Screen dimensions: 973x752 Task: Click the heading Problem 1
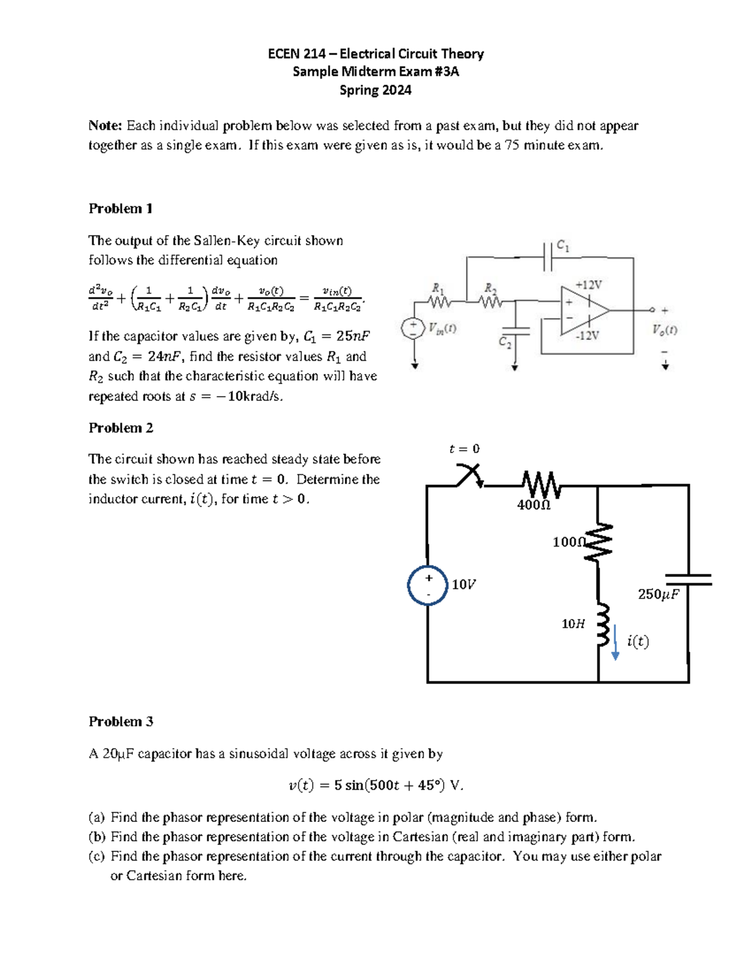pyautogui.click(x=120, y=209)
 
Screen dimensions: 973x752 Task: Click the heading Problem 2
pyautogui.click(x=120, y=428)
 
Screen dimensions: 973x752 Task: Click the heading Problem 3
pyautogui.click(x=120, y=722)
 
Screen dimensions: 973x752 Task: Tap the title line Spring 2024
pyautogui.click(x=375, y=90)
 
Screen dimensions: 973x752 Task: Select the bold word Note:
pyautogui.click(x=105, y=126)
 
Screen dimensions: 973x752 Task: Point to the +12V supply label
pyautogui.click(x=588, y=285)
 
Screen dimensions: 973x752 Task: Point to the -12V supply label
pyautogui.click(x=587, y=336)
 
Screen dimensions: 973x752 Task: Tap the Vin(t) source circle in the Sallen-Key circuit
pyautogui.click(x=413, y=328)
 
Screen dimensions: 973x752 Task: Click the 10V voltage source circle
pyautogui.click(x=427, y=585)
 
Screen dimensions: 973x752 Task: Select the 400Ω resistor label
pyautogui.click(x=533, y=505)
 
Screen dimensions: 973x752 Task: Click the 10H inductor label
pyautogui.click(x=573, y=624)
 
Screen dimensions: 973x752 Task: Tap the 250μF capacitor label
pyautogui.click(x=658, y=594)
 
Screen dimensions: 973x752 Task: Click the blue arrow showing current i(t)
pyautogui.click(x=615, y=642)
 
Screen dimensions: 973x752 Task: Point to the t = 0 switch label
pyautogui.click(x=464, y=449)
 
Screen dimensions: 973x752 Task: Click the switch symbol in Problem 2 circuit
pyautogui.click(x=469, y=476)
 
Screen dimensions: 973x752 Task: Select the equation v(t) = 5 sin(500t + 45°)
pyautogui.click(x=375, y=785)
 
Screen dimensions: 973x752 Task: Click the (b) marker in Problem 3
pyautogui.click(x=97, y=837)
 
